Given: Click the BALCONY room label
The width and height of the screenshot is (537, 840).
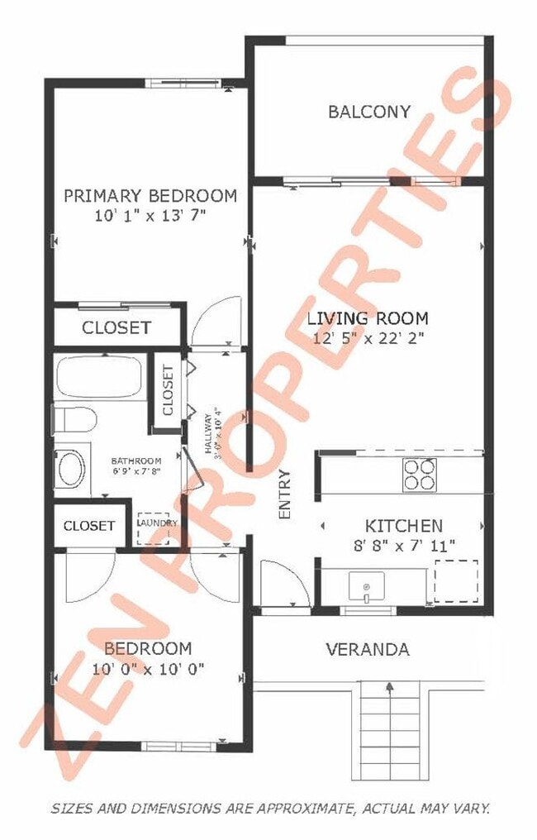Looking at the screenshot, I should point(368,112).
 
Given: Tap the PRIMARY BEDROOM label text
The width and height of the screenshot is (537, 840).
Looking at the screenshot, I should point(150,196).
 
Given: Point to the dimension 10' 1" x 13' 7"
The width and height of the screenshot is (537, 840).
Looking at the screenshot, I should point(150,215).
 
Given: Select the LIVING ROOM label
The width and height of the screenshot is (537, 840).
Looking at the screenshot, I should point(368,317).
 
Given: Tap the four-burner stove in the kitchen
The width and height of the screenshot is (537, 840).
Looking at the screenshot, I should point(419,474).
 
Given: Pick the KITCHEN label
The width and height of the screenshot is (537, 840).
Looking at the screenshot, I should point(404,525).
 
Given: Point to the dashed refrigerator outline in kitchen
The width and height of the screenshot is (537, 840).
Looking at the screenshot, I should point(456,582).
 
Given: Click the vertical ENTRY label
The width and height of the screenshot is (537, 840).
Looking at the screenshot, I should point(286,494).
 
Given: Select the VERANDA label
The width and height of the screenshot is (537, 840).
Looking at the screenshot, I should point(367,649).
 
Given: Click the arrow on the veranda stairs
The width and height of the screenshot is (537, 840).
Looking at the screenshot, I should point(388,685).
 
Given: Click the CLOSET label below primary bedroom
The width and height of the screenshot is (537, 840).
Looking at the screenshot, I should point(116,327).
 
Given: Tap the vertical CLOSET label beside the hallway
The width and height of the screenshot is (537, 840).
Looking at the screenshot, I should point(169,389).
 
